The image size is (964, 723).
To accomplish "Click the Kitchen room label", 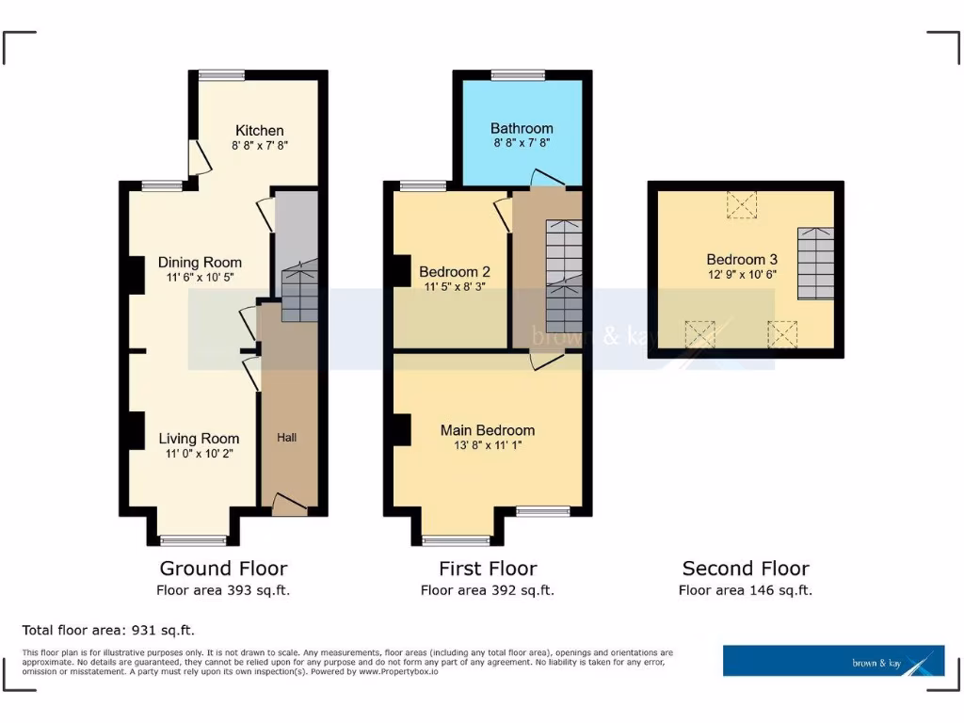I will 259,130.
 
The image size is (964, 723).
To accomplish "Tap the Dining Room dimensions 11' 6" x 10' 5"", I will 199,279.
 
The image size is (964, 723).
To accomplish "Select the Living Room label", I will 199,438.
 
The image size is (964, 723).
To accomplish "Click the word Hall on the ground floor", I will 287,438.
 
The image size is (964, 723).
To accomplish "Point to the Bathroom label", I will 522,128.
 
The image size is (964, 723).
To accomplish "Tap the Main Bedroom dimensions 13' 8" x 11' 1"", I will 488,446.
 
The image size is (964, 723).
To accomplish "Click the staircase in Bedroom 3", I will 816,263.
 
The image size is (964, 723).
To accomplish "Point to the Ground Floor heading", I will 223,569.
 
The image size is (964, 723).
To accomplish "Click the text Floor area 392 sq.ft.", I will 488,591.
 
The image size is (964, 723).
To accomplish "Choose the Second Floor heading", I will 746,569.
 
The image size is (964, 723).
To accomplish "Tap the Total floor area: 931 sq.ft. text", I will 108,630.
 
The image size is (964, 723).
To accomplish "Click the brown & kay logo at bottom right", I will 833,660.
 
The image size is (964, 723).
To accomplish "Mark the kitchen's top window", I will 222,75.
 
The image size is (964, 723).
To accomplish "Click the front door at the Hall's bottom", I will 289,506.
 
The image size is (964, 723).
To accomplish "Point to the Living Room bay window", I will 193,540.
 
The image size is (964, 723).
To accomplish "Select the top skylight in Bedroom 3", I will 742,204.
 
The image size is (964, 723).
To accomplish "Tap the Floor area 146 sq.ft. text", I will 746,591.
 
